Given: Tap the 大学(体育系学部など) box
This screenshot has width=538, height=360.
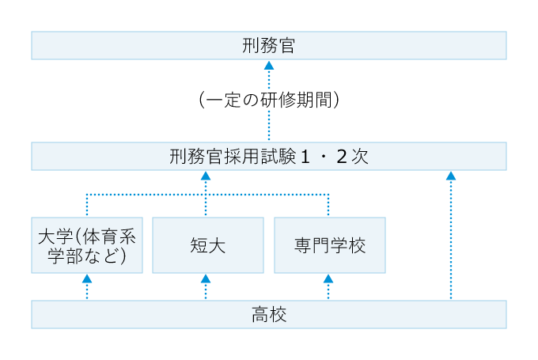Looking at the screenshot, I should (x=87, y=245).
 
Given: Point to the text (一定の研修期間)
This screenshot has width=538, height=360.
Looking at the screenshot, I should (x=269, y=100).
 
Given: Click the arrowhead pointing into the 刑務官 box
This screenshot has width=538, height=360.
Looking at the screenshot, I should (x=269, y=66).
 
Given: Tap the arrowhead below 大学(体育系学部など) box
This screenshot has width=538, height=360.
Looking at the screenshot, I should (x=87, y=279).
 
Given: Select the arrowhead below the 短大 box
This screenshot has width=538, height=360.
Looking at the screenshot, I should (x=206, y=279).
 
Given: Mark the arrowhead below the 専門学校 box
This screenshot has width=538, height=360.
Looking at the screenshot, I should (x=328, y=279).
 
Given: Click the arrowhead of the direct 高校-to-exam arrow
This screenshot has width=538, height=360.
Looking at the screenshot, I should (x=451, y=176).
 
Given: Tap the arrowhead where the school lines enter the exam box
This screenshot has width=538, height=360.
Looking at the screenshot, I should (x=206, y=176).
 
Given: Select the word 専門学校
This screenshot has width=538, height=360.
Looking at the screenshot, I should (x=329, y=245).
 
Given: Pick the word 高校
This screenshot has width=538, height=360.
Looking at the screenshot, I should (x=269, y=315).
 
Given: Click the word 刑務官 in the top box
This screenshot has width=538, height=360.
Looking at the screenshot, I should (x=269, y=45).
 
